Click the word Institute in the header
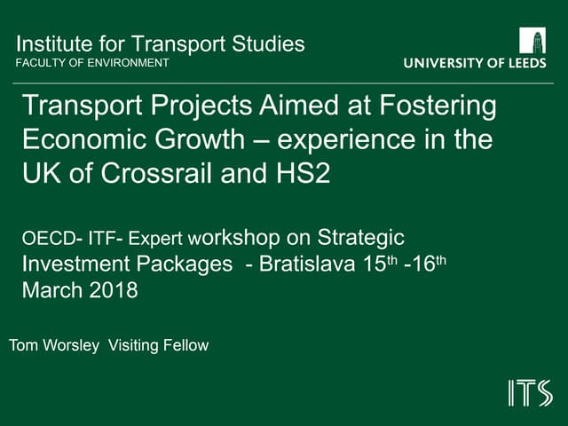click(x=49, y=44)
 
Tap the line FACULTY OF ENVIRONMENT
click(x=92, y=63)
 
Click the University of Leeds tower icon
click(x=532, y=41)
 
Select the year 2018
click(x=112, y=289)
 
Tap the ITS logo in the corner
click(x=530, y=392)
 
